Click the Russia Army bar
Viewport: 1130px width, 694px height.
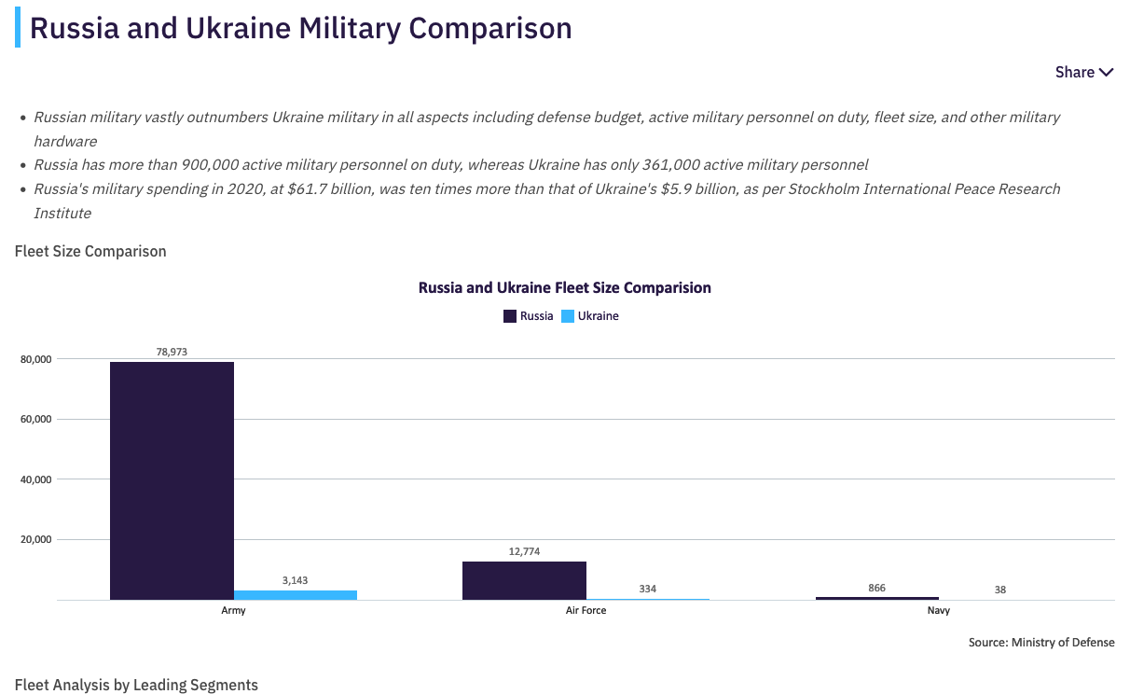pyautogui.click(x=172, y=480)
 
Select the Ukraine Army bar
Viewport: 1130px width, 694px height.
pyautogui.click(x=295, y=595)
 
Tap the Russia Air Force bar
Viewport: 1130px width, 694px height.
pyautogui.click(x=524, y=580)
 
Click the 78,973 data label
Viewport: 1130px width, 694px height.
pyautogui.click(x=172, y=352)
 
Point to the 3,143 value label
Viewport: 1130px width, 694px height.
pyautogui.click(x=295, y=580)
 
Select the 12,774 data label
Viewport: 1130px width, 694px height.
pyautogui.click(x=524, y=551)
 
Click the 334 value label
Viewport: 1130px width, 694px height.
pyautogui.click(x=647, y=589)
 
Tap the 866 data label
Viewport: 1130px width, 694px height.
pyautogui.click(x=876, y=588)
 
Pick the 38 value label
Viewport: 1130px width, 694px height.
pyautogui.click(x=999, y=590)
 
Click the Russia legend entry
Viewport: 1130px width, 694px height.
pyautogui.click(x=529, y=316)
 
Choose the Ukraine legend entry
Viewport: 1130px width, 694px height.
pyautogui.click(x=590, y=316)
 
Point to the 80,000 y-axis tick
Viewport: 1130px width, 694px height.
pyautogui.click(x=37, y=358)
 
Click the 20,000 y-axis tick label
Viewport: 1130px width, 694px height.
pyautogui.click(x=37, y=539)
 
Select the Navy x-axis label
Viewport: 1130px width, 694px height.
pyautogui.click(x=938, y=610)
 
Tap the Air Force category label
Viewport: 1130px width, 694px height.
pyautogui.click(x=586, y=610)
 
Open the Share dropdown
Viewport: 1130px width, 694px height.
pyautogui.click(x=1083, y=72)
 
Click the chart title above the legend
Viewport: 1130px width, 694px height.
pyautogui.click(x=564, y=287)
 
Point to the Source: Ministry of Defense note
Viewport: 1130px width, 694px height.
pyautogui.click(x=1041, y=642)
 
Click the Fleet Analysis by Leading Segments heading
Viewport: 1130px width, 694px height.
pyautogui.click(x=136, y=685)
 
